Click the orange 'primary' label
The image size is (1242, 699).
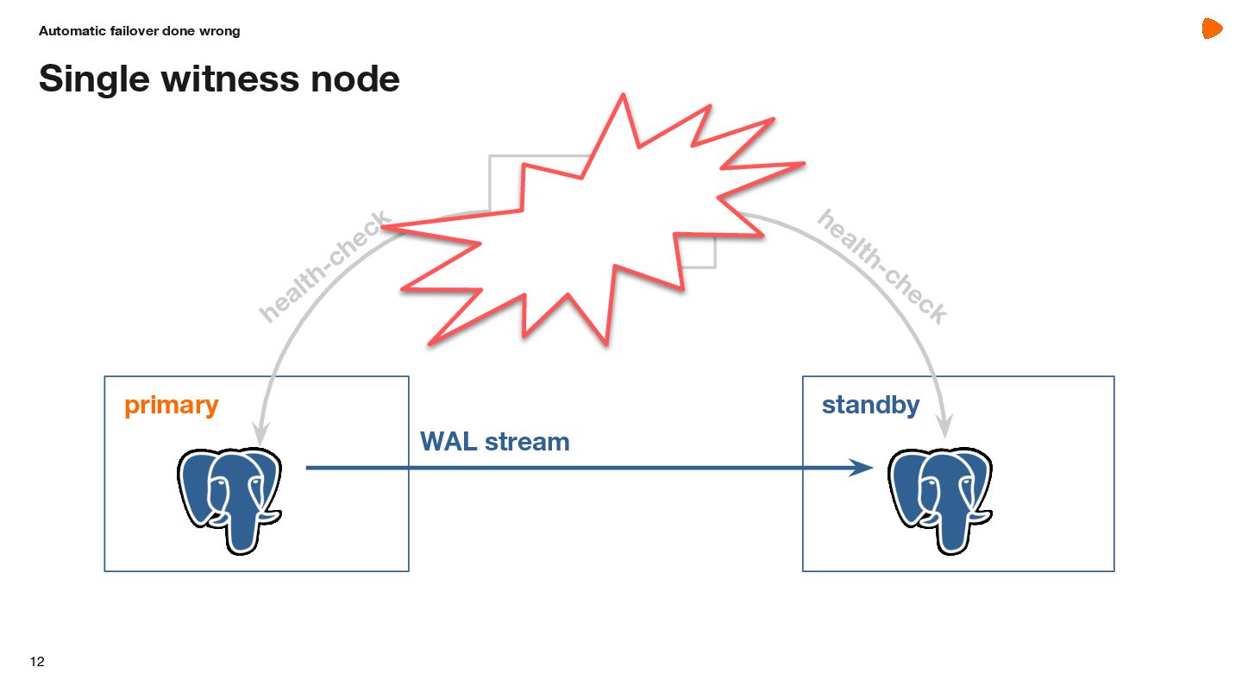pos(172,406)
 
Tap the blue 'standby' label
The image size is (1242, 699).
pos(870,405)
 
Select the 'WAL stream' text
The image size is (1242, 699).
pos(494,442)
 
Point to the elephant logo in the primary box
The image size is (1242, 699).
pos(229,501)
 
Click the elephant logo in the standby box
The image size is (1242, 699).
pos(940,501)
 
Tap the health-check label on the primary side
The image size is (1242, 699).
pos(325,267)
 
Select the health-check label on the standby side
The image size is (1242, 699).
pos(882,267)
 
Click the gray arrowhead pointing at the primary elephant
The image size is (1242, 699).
pos(260,432)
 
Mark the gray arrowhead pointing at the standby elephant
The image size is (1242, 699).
pos(944,426)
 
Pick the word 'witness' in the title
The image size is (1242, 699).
pos(230,79)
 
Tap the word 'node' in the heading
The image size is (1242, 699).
pos(355,79)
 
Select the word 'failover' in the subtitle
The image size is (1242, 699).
pos(135,31)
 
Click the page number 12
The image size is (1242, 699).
pos(37,661)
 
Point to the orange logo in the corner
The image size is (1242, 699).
pos(1212,28)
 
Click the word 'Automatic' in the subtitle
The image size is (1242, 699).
pos(72,31)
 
